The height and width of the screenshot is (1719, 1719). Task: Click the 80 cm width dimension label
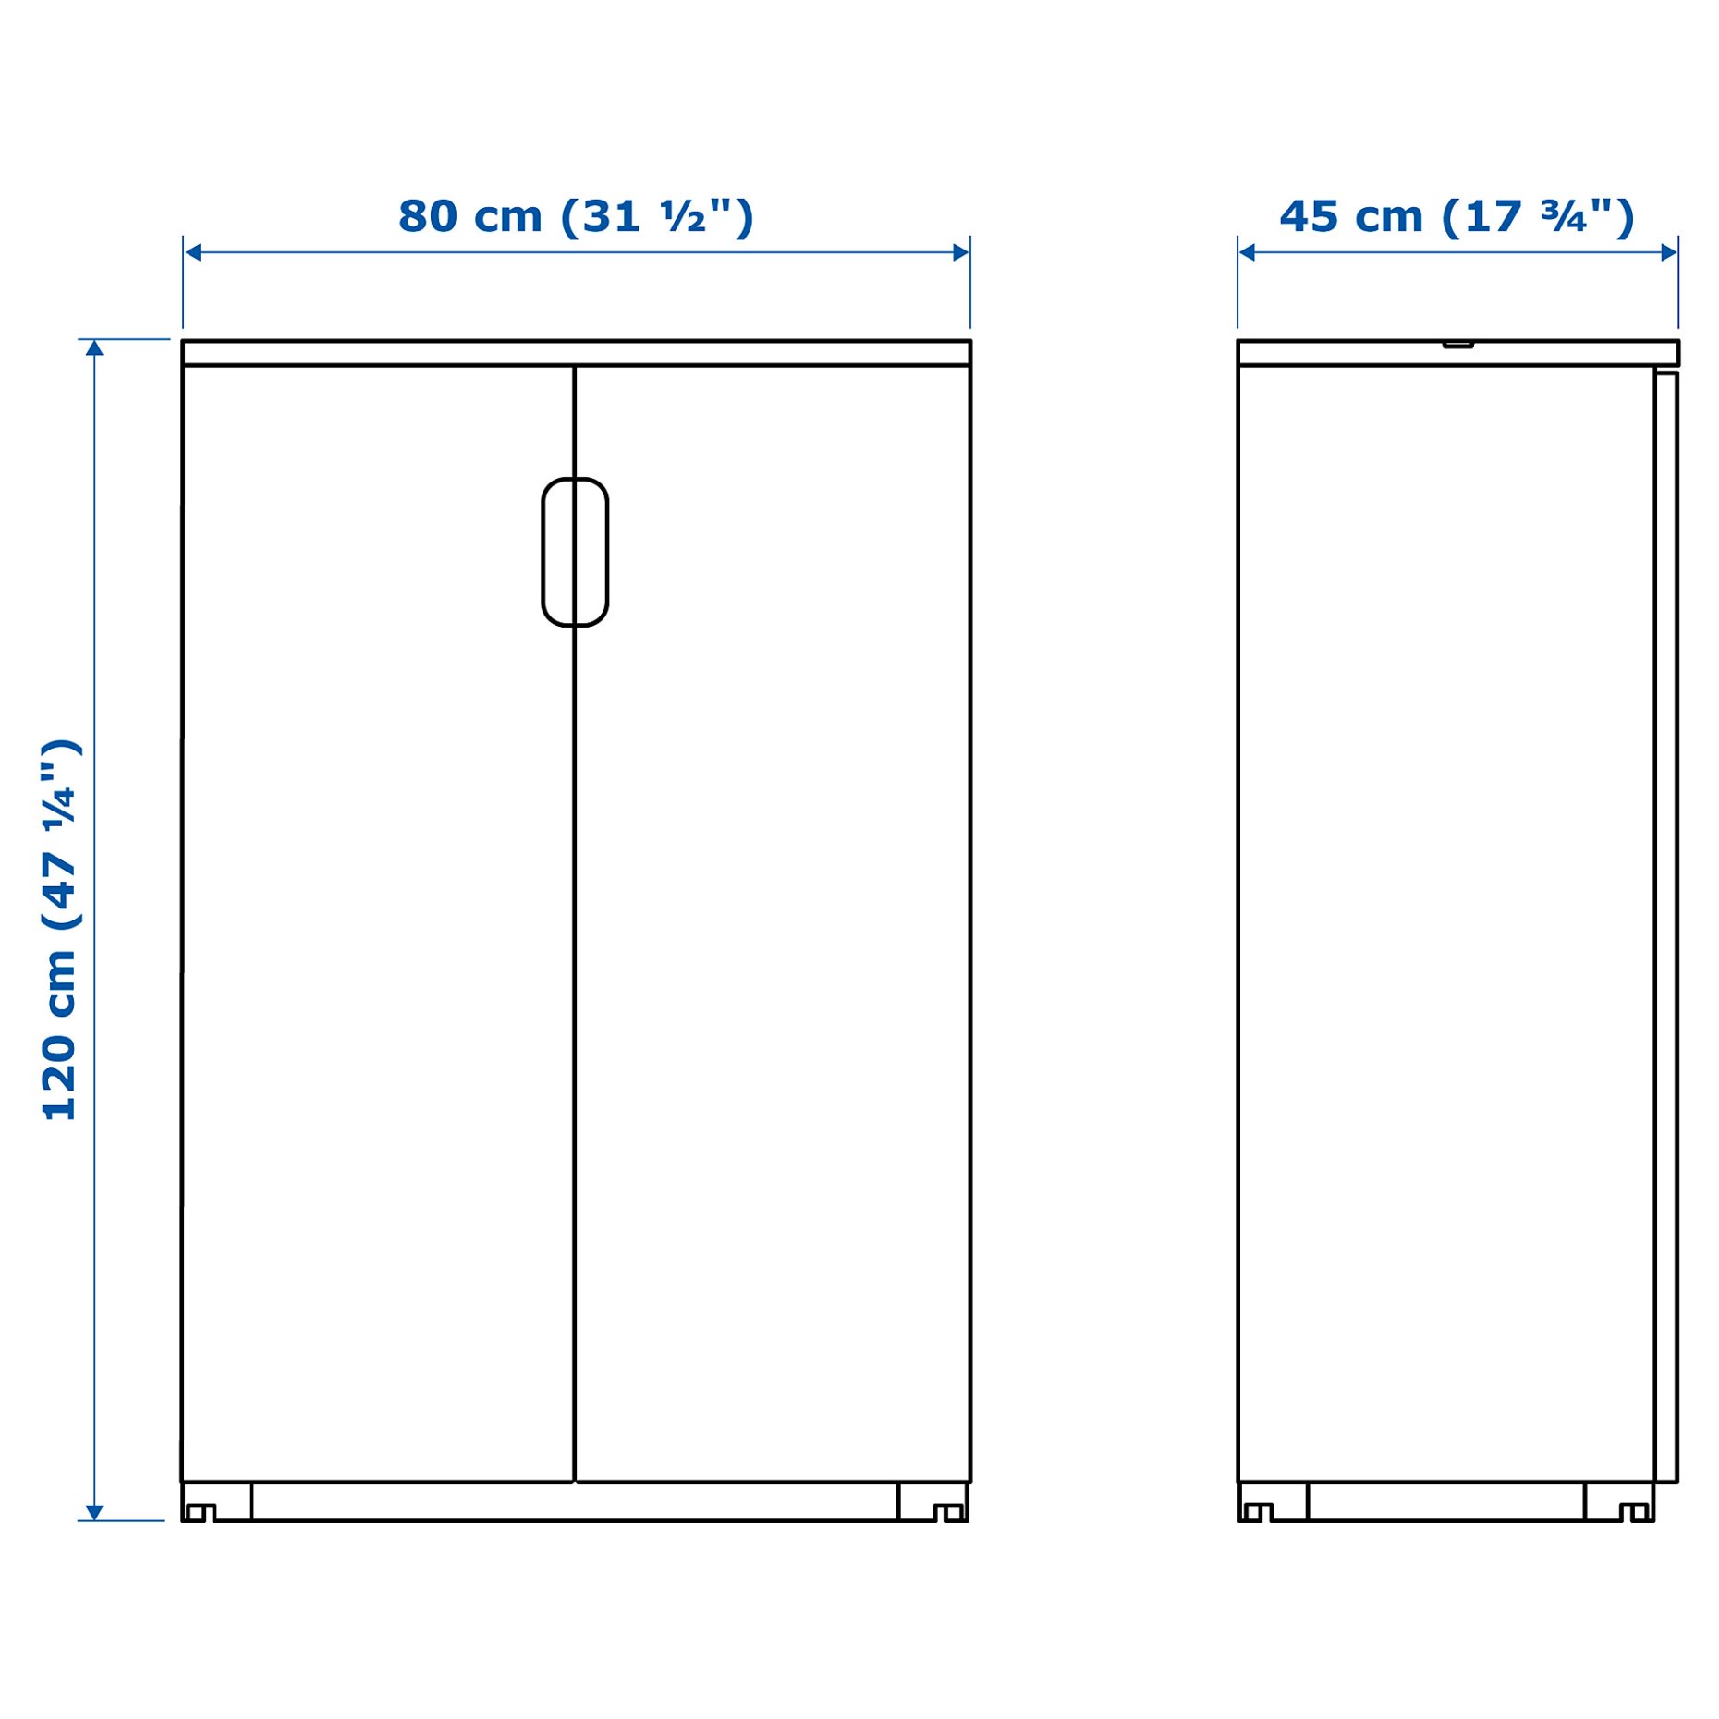[x=575, y=217]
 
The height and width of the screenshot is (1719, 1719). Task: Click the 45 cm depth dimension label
[x=1456, y=217]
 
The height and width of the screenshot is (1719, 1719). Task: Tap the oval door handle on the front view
[x=574, y=552]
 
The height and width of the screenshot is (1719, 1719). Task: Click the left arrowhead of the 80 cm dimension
[x=192, y=252]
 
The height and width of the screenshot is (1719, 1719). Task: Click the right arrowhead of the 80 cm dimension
[x=961, y=252]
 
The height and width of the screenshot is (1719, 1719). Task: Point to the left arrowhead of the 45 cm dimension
[x=1246, y=252]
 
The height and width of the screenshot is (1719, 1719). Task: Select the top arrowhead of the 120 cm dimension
[x=94, y=348]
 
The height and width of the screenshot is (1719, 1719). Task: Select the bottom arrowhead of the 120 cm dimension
[x=94, y=1511]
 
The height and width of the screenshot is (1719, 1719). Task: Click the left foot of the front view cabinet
[x=201, y=1512]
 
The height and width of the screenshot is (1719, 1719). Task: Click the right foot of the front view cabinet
[x=948, y=1512]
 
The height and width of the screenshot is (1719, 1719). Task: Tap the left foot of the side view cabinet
[x=1257, y=1512]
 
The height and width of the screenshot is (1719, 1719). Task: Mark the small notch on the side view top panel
[x=1457, y=345]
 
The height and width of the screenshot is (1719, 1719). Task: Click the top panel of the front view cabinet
[x=575, y=352]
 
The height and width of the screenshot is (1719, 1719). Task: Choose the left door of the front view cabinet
[x=377, y=924]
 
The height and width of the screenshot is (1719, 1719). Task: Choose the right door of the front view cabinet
[x=772, y=924]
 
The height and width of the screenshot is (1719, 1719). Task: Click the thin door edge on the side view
[x=1665, y=924]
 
